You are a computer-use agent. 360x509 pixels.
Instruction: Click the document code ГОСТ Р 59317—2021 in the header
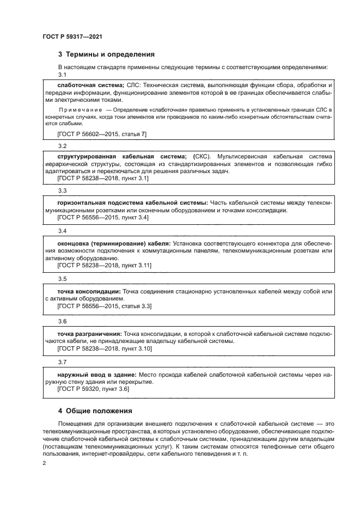tap(72, 36)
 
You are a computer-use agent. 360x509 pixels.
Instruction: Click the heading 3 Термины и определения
tap(106, 54)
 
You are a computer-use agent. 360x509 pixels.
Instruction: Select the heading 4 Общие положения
tap(95, 410)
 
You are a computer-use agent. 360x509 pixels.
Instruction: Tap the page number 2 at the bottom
tap(44, 463)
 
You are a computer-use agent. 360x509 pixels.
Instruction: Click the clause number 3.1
tap(62, 75)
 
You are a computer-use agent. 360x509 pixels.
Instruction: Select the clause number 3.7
tap(62, 361)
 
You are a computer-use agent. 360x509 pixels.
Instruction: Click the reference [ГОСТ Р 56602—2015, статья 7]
tap(102, 133)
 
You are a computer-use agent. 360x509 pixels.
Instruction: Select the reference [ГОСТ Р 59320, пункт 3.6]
tap(93, 389)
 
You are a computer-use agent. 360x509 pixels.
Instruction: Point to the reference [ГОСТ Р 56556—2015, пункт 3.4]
tap(103, 218)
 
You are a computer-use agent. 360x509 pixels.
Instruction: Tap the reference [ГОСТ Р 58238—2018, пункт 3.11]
tap(104, 265)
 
